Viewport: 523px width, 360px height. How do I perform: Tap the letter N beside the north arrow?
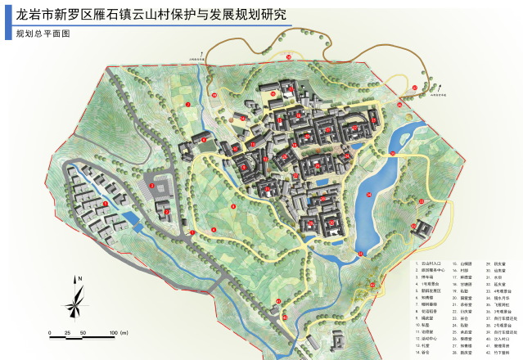tap(79, 279)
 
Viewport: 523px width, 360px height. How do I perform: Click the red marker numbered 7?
tap(187, 105)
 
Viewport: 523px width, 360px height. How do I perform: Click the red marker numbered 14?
tap(369, 194)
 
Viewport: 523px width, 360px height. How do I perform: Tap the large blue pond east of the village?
tap(367, 209)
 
